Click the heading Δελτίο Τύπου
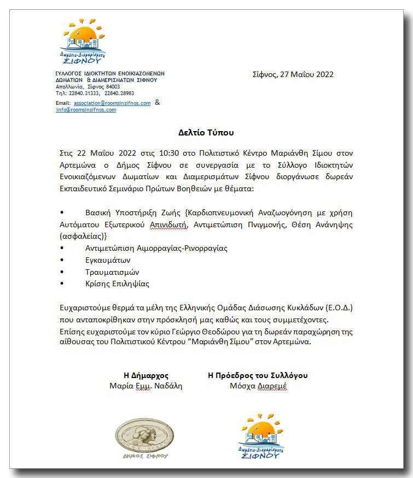[206, 132]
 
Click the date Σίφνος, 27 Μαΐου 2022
[293, 74]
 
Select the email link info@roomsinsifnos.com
[86, 110]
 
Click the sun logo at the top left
[83, 41]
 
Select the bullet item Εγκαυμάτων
[108, 260]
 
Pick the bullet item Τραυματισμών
[112, 272]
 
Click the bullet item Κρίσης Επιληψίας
[117, 284]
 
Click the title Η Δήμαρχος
[146, 375]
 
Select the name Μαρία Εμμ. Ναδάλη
[146, 386]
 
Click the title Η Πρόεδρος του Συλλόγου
[258, 375]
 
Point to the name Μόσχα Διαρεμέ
[258, 386]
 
